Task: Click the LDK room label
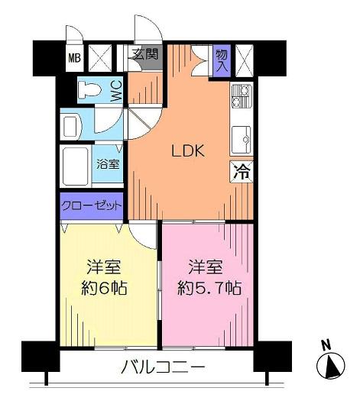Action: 186,151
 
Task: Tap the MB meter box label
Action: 75,57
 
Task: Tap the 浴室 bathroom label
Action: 107,163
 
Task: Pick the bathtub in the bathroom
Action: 77,164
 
